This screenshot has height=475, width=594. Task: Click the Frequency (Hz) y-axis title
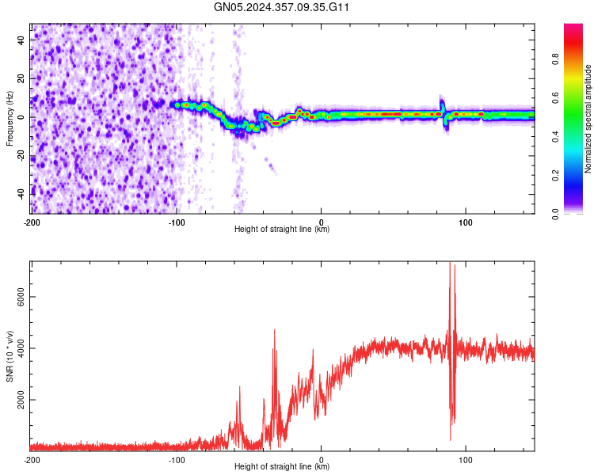10,118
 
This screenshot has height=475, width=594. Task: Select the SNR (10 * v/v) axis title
10,355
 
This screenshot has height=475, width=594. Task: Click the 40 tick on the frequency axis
21,41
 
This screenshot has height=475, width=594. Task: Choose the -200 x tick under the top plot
32,221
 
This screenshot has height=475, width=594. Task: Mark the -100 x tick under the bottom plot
176,458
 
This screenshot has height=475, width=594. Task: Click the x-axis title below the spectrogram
282,230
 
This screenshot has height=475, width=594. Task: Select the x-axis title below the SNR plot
282,467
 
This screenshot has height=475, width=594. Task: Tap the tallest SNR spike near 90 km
450,264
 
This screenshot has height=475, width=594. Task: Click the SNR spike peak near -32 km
275,330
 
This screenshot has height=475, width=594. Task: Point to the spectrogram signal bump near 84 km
443,104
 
